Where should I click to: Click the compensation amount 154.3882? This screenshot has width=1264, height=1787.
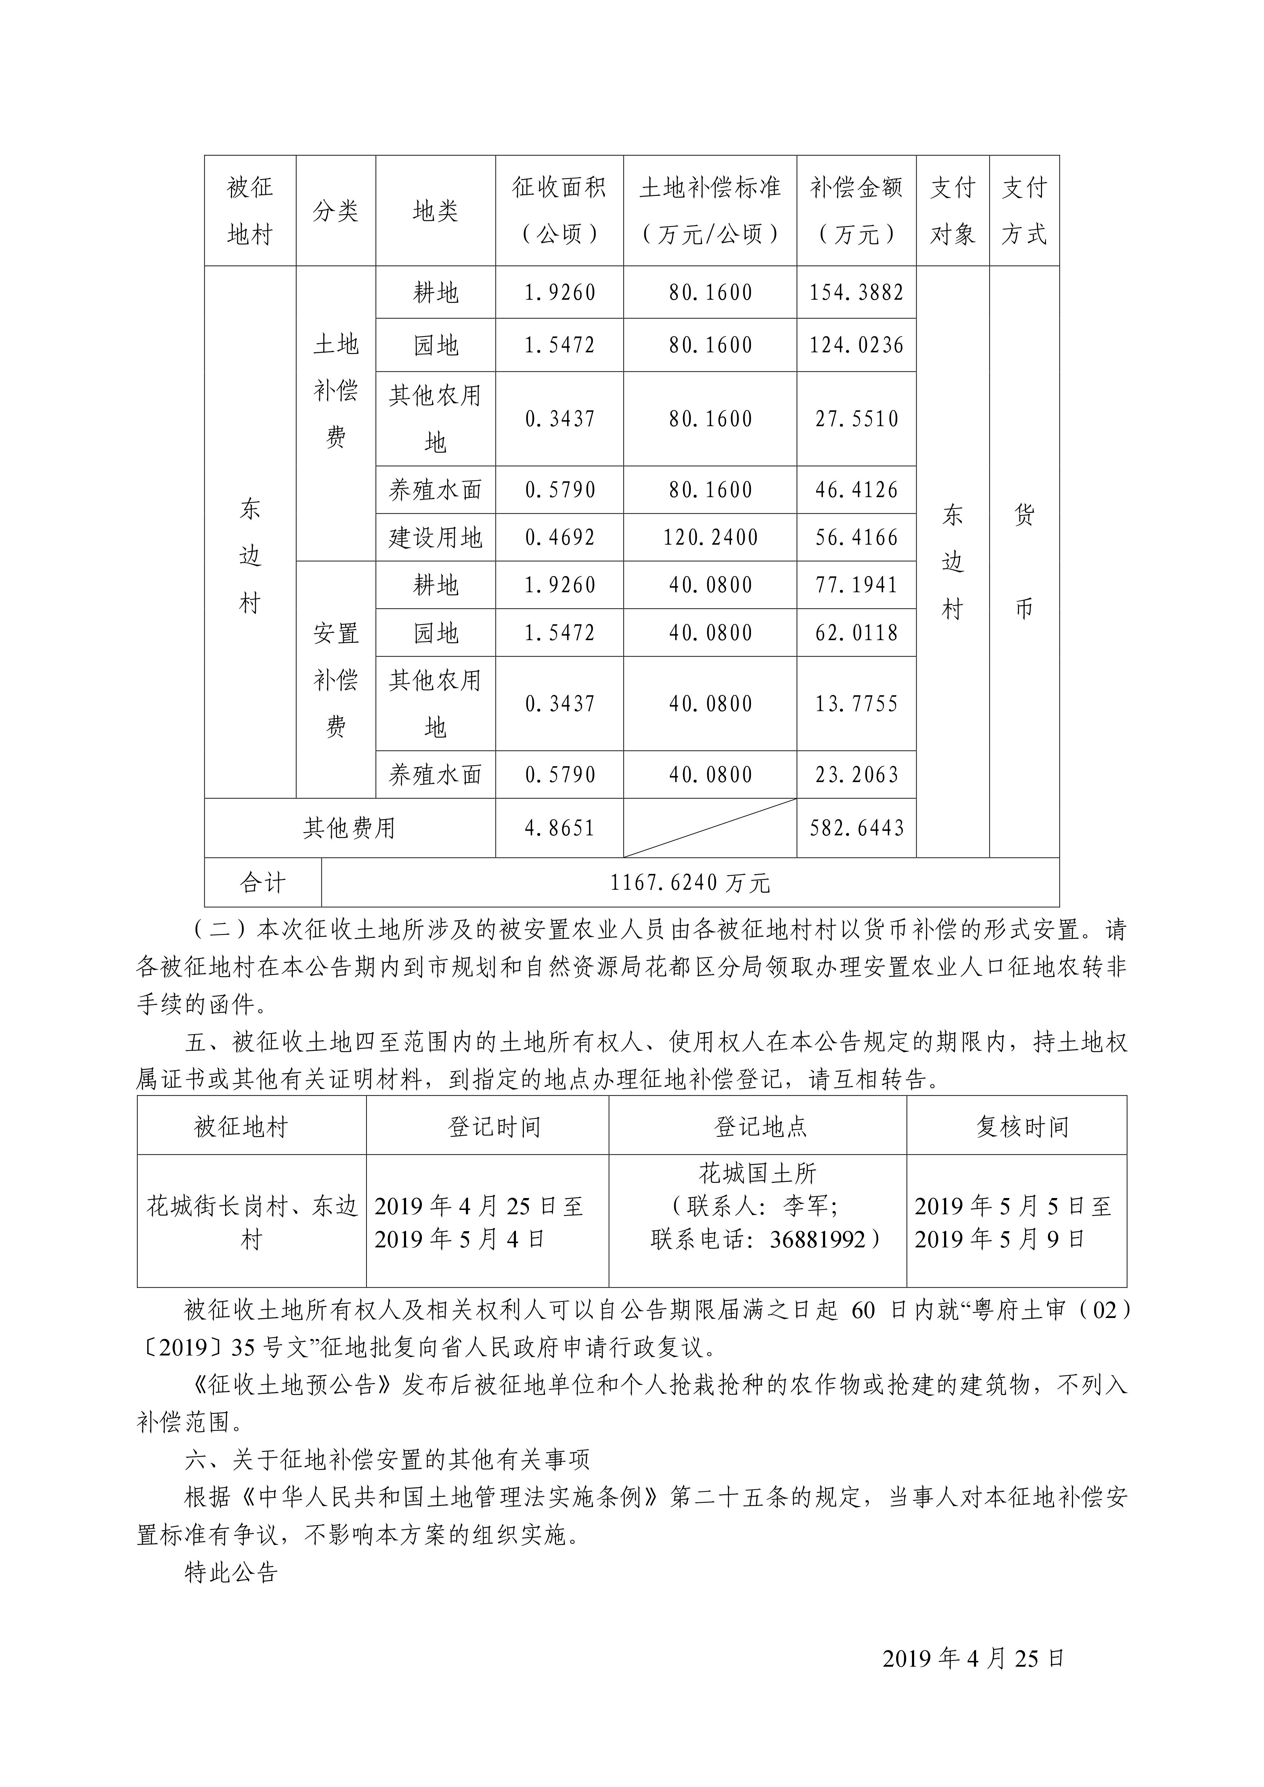856,292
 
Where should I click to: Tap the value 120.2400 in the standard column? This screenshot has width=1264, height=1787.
710,537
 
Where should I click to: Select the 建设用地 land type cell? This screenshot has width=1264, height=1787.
435,537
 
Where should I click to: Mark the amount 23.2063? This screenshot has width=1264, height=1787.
856,774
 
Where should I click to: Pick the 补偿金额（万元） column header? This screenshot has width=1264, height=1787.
856,210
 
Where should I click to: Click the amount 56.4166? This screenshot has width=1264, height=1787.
856,537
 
